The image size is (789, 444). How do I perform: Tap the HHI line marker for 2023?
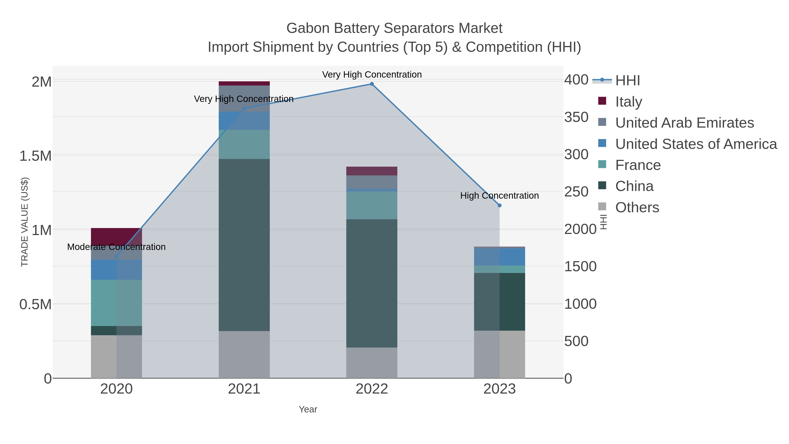point(499,206)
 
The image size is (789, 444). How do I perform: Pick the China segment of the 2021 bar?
point(244,245)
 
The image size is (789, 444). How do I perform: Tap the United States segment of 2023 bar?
point(499,257)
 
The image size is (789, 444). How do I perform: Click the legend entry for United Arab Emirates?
point(684,123)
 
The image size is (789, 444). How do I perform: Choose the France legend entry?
point(638,165)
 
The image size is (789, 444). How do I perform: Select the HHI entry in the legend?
point(627,81)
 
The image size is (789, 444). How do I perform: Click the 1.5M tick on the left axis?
point(35,156)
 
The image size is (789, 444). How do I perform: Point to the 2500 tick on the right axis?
point(576,192)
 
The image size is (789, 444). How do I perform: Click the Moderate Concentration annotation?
point(116,247)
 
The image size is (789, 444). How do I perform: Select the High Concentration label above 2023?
point(499,196)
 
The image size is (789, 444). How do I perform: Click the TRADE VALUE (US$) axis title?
point(25,222)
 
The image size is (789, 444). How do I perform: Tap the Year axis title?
point(308,409)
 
